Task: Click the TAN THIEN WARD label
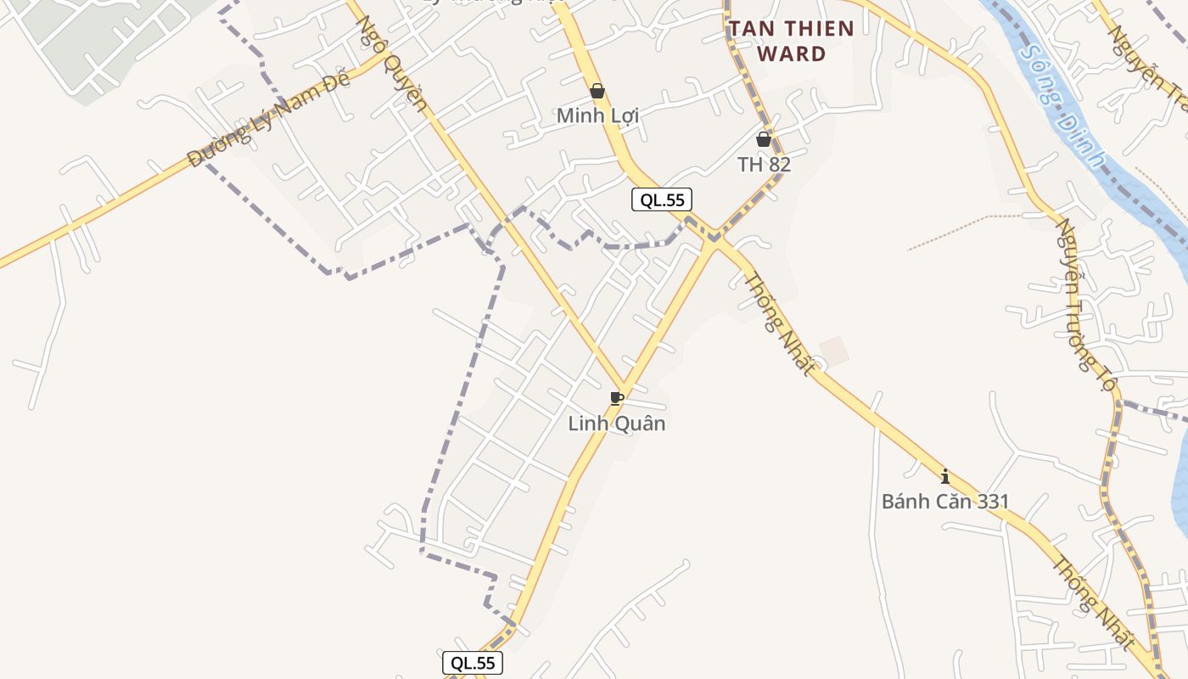point(791,41)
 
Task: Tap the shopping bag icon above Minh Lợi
point(597,91)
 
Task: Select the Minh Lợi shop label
point(597,115)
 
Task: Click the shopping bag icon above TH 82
point(764,139)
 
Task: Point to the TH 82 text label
point(764,165)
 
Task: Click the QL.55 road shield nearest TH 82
point(662,200)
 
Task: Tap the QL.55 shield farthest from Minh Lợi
point(473,663)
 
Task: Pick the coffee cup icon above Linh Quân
point(617,398)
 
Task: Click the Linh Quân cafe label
point(617,423)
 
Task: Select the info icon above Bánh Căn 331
point(945,476)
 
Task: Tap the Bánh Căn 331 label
point(945,502)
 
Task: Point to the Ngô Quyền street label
point(391,63)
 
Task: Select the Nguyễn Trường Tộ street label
point(1084,306)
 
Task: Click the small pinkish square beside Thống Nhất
point(834,351)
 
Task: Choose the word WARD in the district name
point(791,54)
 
